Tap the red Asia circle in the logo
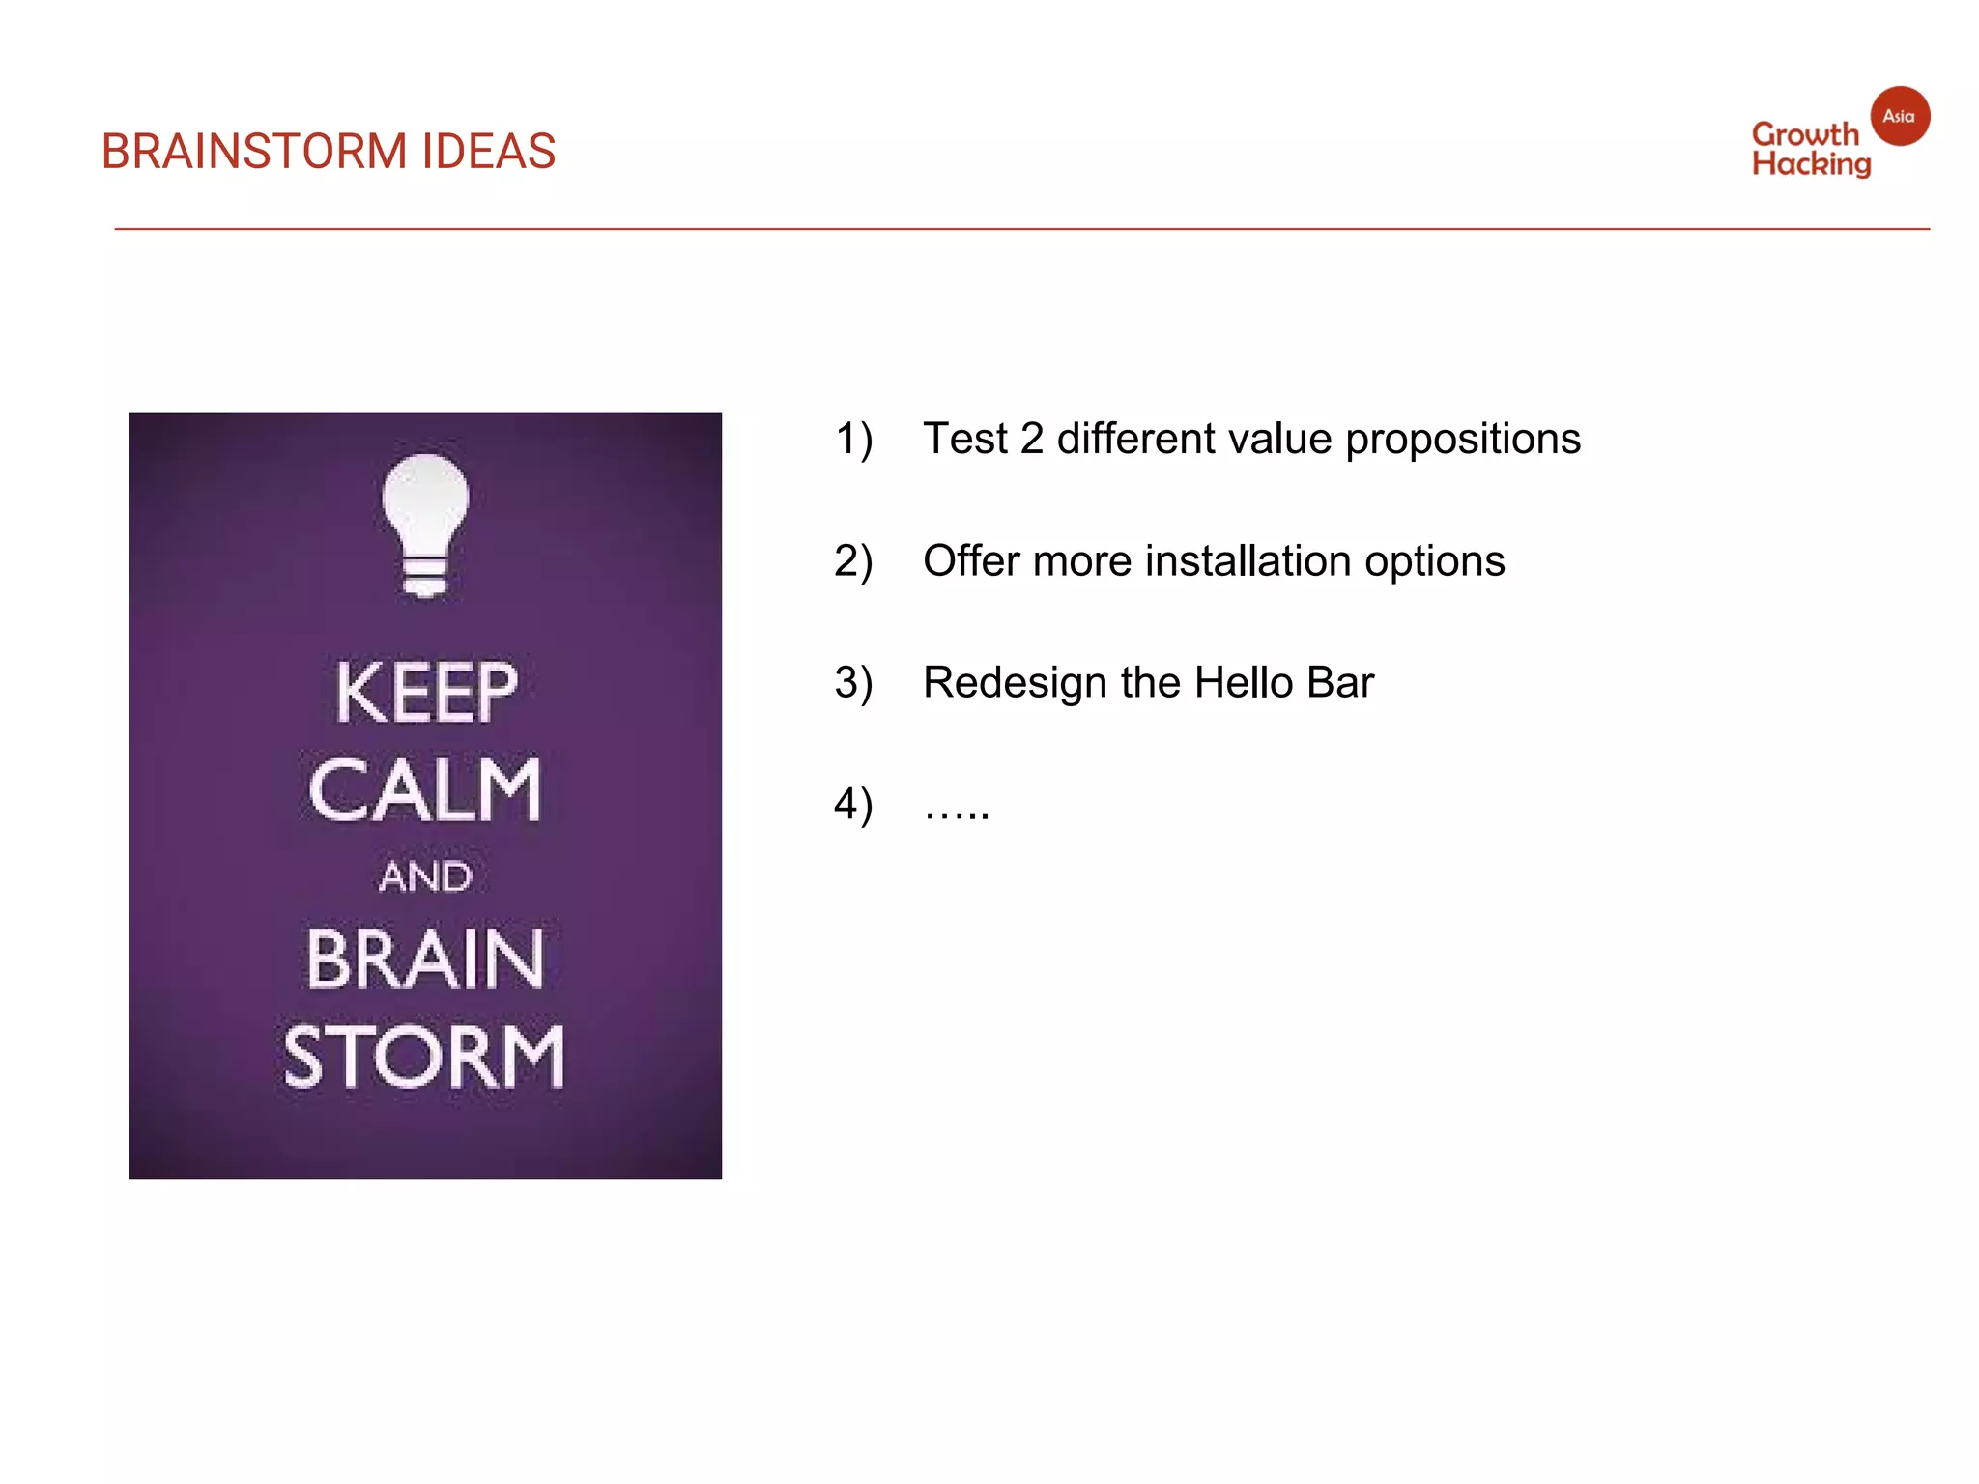tap(1900, 116)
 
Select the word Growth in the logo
tap(1804, 134)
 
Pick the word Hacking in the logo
tap(1812, 164)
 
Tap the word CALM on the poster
tap(425, 789)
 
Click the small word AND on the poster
tap(425, 877)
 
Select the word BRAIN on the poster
tap(425, 959)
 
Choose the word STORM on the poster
tap(424, 1057)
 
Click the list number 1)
tap(853, 440)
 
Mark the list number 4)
tap(853, 805)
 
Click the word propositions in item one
tap(1463, 440)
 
